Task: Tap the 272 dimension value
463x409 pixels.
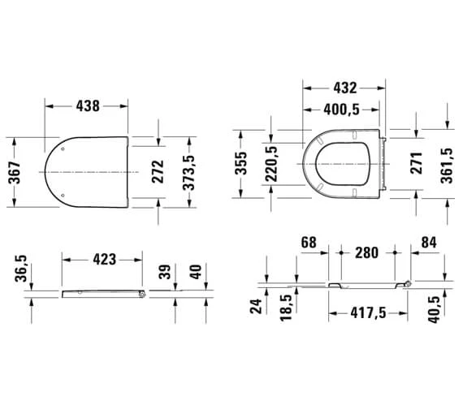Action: coord(158,172)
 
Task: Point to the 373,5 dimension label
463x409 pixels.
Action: coord(191,172)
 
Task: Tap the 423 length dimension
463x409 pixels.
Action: coord(102,259)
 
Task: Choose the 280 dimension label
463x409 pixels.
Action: coord(367,252)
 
